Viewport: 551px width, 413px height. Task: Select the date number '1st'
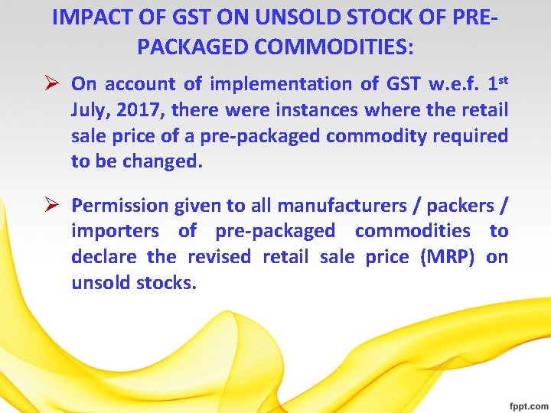coord(494,82)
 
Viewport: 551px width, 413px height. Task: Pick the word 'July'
coord(90,110)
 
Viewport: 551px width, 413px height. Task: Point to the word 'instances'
coord(316,110)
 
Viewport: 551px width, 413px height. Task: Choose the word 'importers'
coord(115,231)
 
